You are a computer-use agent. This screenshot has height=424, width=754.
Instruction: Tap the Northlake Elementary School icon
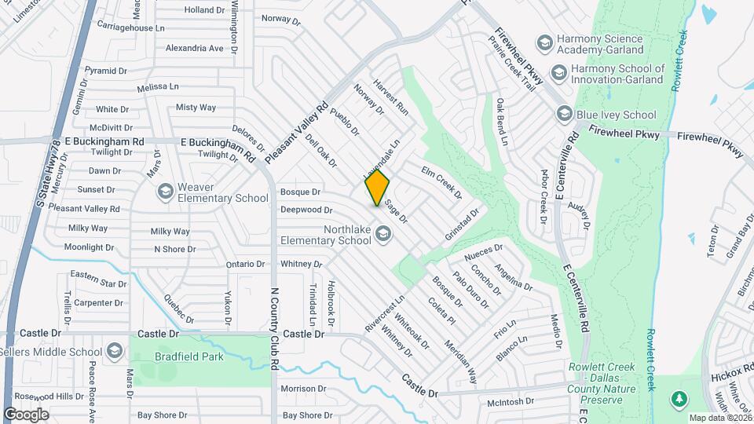pos(383,232)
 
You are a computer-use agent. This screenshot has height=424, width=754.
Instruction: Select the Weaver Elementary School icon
pos(165,191)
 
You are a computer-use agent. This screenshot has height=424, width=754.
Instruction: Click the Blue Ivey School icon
pos(563,115)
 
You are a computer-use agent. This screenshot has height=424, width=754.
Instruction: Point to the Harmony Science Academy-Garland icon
pos(544,42)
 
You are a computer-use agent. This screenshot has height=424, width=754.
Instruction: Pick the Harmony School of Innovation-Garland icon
pos(558,74)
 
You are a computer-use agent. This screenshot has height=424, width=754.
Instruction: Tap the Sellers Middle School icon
pos(115,349)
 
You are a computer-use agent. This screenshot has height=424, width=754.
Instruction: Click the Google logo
pos(26,414)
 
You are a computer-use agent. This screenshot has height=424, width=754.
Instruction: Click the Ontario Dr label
pos(247,265)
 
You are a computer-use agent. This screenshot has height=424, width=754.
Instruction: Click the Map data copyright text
pos(719,418)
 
